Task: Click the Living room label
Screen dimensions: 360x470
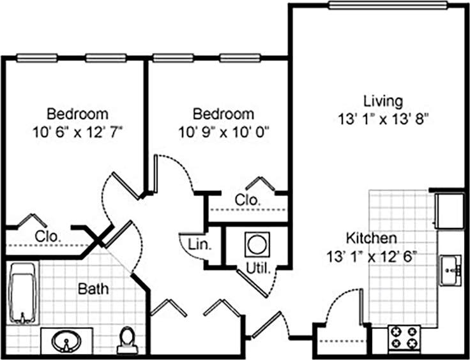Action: coord(383,101)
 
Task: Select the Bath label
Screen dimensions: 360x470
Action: coord(93,289)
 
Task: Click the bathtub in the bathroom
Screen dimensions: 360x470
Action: coord(24,294)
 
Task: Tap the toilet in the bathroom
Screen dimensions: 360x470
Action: coord(127,340)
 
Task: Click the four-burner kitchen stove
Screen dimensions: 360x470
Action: coord(404,338)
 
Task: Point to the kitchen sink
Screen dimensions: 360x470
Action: coord(451,270)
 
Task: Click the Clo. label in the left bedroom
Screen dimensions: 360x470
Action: coord(49,236)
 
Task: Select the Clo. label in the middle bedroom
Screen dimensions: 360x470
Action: coord(248,200)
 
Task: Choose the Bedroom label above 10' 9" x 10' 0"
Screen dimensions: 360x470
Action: coord(223,114)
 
